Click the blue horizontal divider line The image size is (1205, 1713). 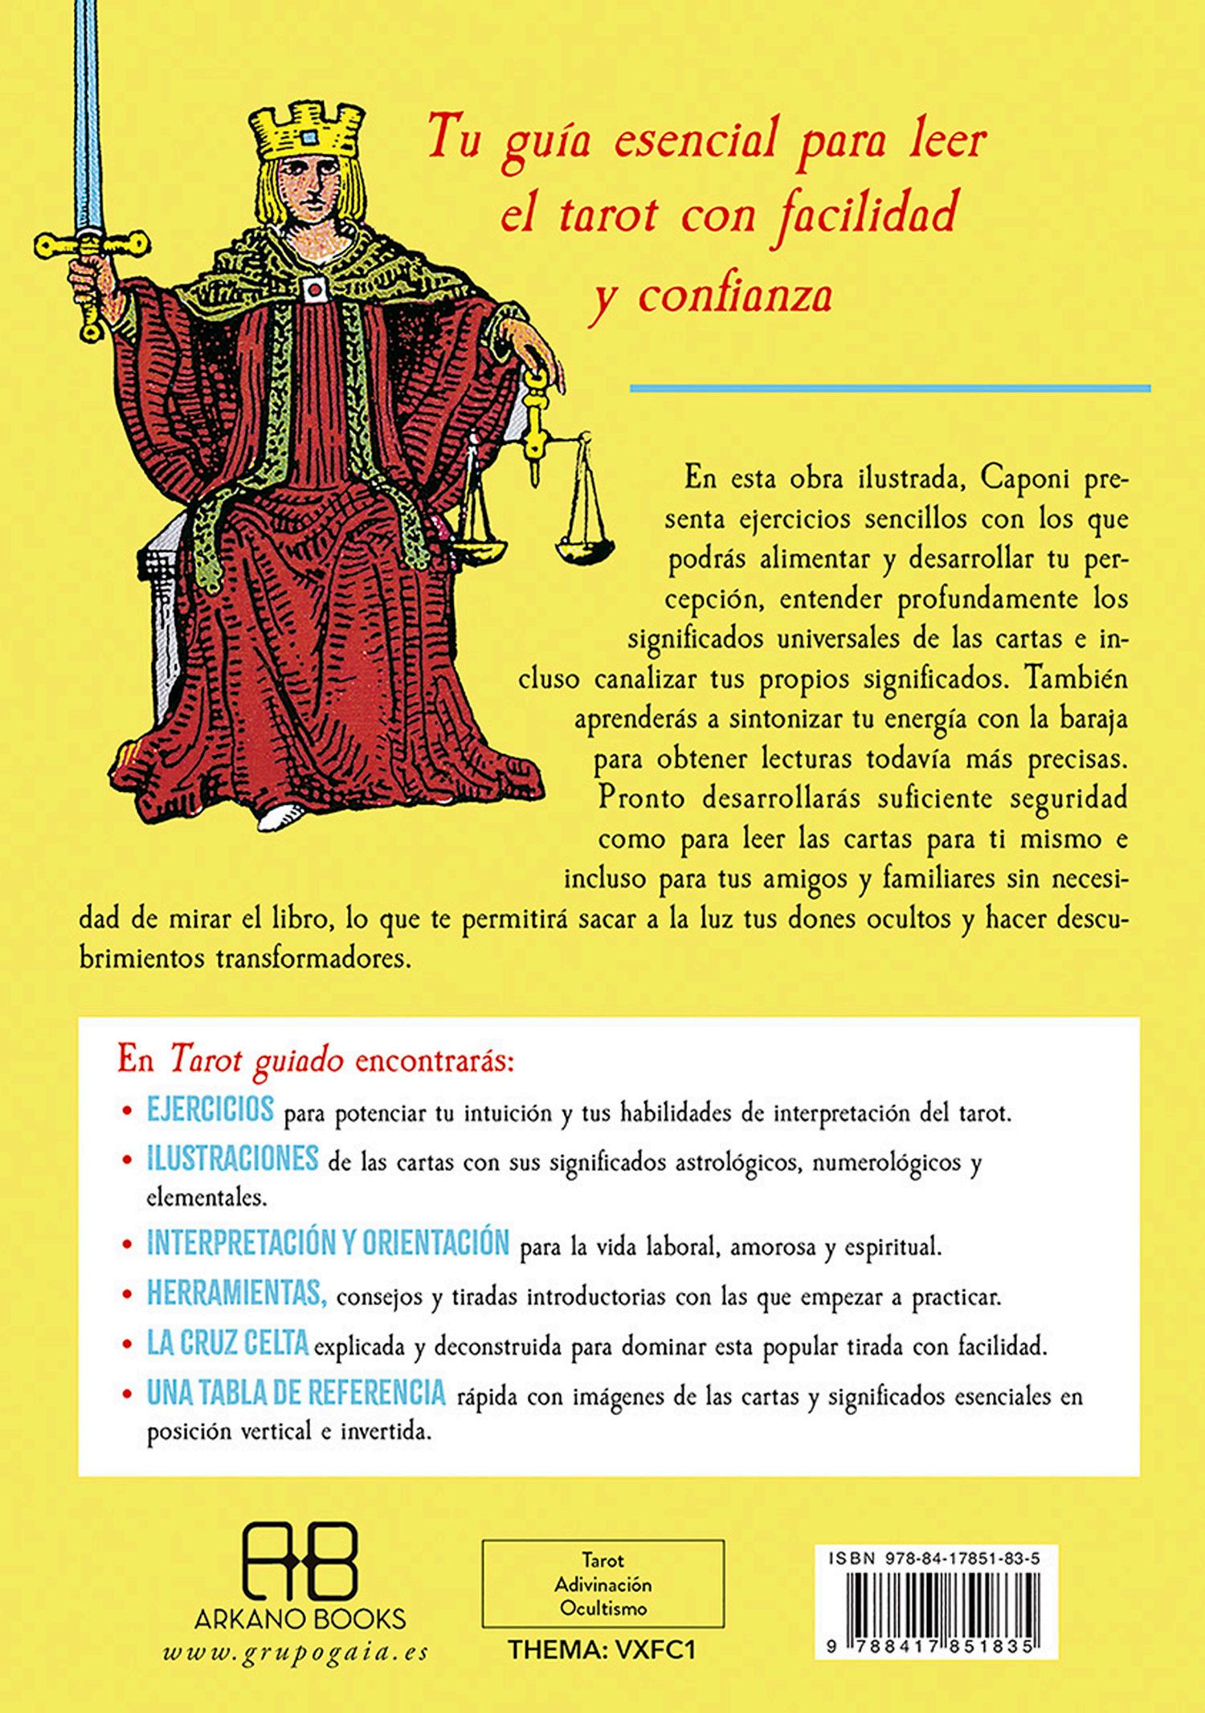pos(889,389)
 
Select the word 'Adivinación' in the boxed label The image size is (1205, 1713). pos(602,1585)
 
